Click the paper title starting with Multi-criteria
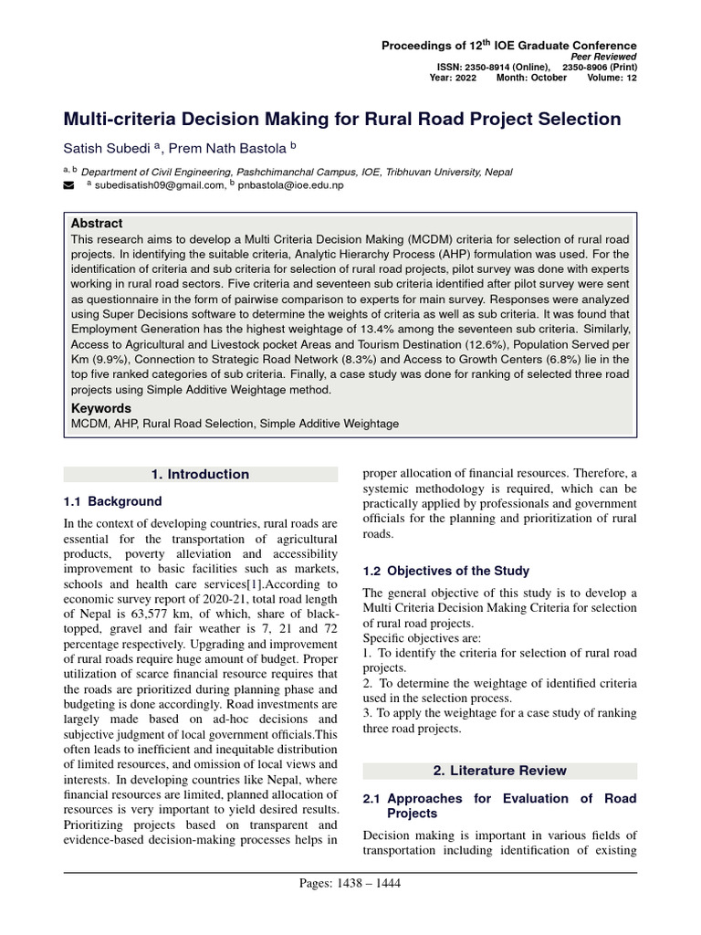[341, 120]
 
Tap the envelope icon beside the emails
[68, 185]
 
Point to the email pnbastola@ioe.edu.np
[290, 185]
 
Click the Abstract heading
[96, 223]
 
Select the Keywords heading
[100, 408]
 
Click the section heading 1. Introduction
[200, 474]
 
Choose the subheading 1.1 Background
[112, 501]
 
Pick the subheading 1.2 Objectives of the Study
[445, 571]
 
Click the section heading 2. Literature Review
[499, 771]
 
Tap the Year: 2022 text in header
[453, 78]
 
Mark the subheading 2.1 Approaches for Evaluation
[499, 805]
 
